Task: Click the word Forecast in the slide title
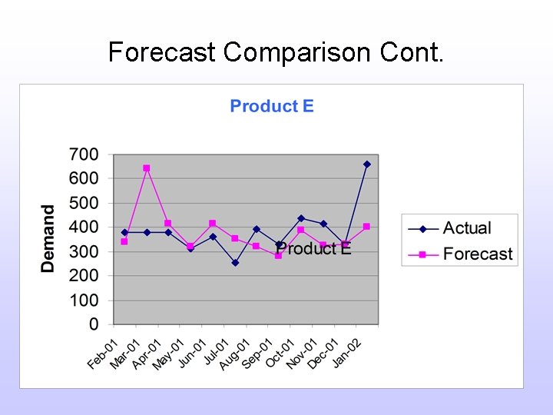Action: (x=162, y=52)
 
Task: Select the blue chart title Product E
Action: (x=272, y=106)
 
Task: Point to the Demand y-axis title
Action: (x=48, y=238)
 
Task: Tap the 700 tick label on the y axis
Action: (x=84, y=154)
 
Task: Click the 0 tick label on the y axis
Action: (x=94, y=324)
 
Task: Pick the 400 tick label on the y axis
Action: (x=84, y=227)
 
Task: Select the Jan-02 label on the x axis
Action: (x=347, y=354)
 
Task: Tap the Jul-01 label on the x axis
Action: (x=214, y=354)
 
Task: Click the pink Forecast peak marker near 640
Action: (x=147, y=168)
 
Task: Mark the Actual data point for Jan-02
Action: (x=366, y=164)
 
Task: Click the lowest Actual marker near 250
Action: (x=235, y=263)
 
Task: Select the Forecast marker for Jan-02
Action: (x=366, y=227)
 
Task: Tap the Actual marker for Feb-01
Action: (x=124, y=232)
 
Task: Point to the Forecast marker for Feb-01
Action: (x=124, y=241)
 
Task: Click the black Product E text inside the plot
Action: (x=314, y=248)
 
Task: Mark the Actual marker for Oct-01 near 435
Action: (x=301, y=218)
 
